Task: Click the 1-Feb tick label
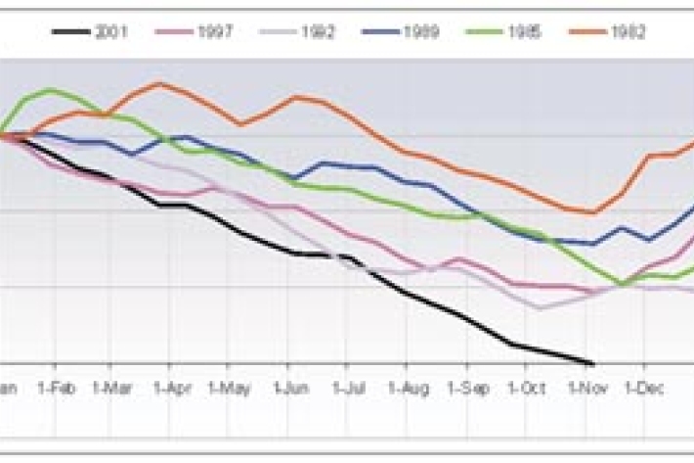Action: pyautogui.click(x=57, y=389)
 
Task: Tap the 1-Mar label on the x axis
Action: pyautogui.click(x=114, y=389)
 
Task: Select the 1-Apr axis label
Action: pyautogui.click(x=173, y=389)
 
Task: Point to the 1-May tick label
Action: pyautogui.click(x=232, y=389)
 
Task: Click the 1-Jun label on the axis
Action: pyautogui.click(x=291, y=389)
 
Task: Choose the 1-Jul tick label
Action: pyautogui.click(x=349, y=389)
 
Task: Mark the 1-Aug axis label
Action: pyautogui.click(x=409, y=389)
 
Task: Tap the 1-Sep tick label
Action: pyautogui.click(x=467, y=389)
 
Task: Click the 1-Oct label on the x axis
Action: pyautogui.click(x=526, y=389)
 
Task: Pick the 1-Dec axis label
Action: pyautogui.click(x=644, y=389)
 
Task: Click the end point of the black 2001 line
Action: pyautogui.click(x=592, y=363)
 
